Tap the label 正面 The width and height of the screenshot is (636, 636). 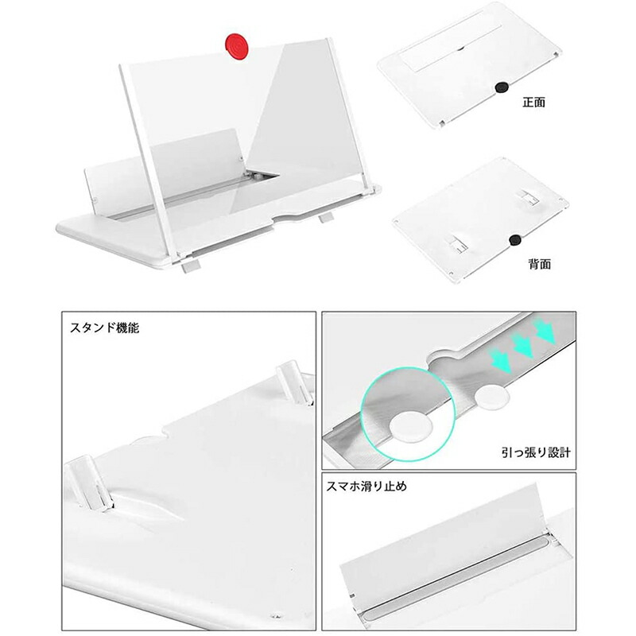point(533,103)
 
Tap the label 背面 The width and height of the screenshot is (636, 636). point(540,265)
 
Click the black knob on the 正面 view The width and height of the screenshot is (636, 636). point(502,87)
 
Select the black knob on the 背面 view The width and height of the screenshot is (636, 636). point(515,240)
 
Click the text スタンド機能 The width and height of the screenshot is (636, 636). point(105,328)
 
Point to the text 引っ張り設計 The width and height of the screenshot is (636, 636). point(536,452)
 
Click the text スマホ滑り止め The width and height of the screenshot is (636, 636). point(366,486)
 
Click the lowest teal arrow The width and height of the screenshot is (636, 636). point(500,360)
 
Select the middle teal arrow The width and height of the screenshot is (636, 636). point(523,345)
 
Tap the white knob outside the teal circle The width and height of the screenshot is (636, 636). point(492,397)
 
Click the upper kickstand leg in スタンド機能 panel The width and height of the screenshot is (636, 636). point(296,382)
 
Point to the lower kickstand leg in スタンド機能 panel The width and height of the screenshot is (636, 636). point(88,483)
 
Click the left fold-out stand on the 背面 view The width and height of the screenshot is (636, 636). point(457,244)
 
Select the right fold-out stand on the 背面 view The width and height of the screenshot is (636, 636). point(529,197)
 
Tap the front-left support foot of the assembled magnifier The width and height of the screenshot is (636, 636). point(191,266)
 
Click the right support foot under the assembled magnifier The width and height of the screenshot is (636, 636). point(326,217)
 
